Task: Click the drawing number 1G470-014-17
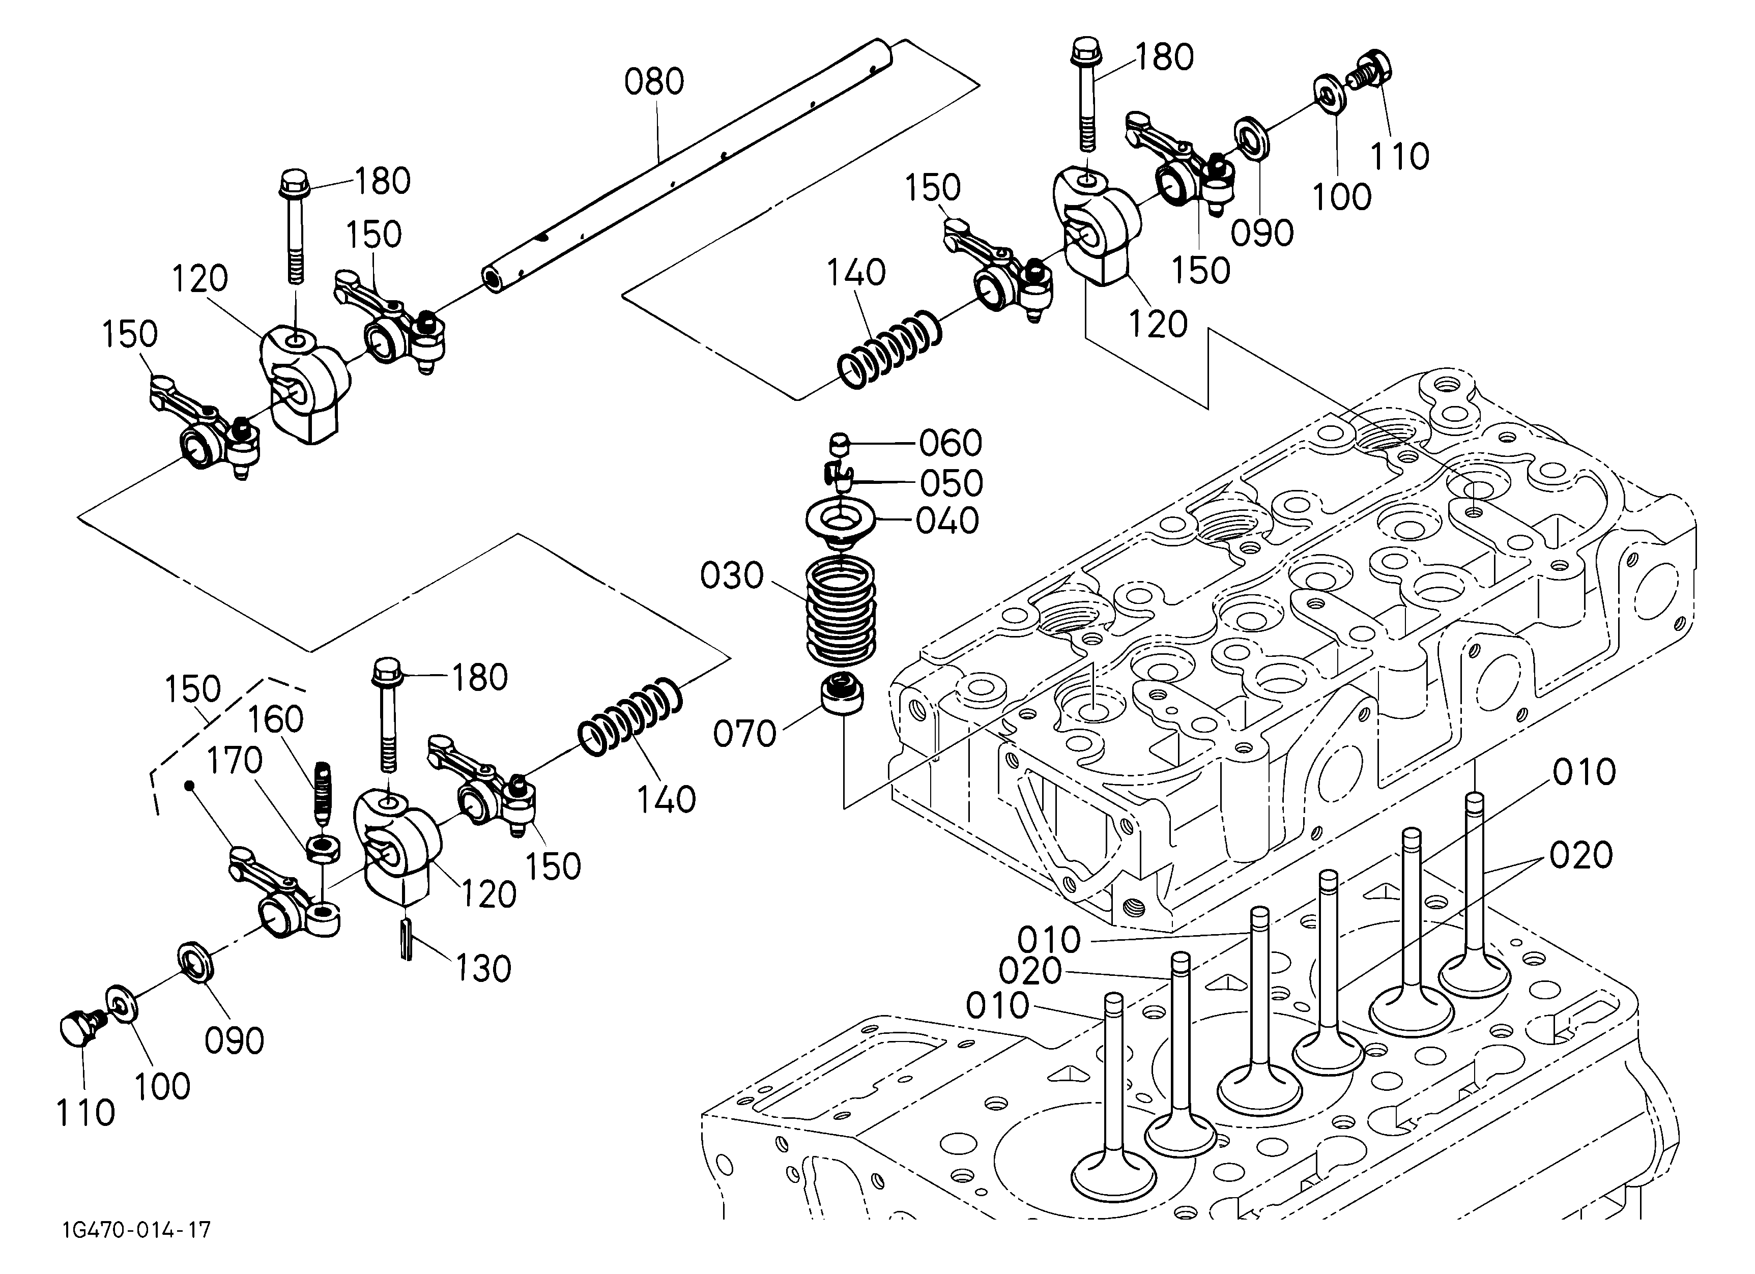(x=137, y=1230)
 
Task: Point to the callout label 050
(x=951, y=483)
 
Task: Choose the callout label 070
(x=744, y=733)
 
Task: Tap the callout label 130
(x=483, y=968)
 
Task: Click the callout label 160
(x=275, y=719)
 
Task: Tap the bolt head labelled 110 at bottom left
(x=78, y=1028)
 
